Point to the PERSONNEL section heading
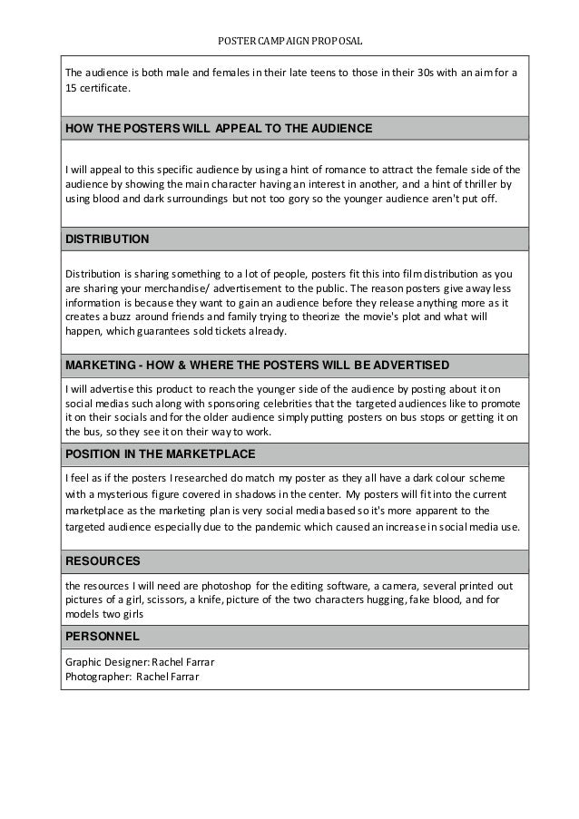(x=102, y=637)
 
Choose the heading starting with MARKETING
(x=256, y=365)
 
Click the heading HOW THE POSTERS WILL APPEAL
(x=218, y=129)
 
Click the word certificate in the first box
(x=107, y=89)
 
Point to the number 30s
(x=402, y=73)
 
